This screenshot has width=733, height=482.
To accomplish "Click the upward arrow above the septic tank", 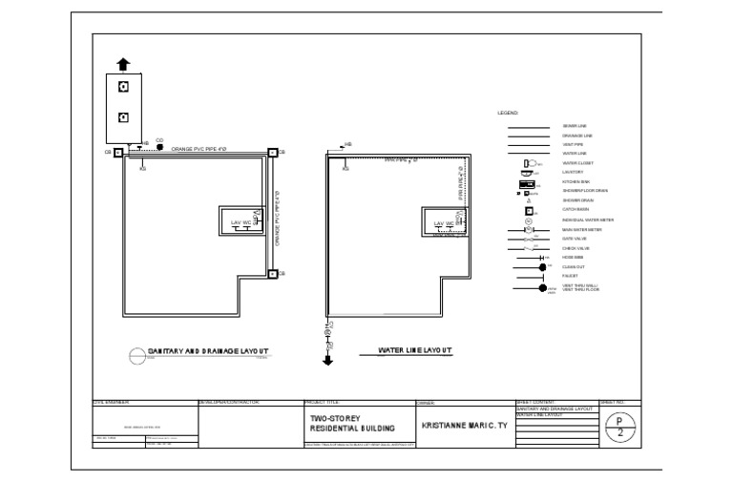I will (x=123, y=64).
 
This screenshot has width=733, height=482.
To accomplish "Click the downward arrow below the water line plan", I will (x=327, y=360).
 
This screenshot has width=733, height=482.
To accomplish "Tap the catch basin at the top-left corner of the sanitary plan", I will (x=117, y=153).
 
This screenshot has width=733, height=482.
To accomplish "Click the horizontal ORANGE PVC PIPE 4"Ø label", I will (x=199, y=149).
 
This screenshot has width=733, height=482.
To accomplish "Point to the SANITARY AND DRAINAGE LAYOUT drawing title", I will (x=207, y=351).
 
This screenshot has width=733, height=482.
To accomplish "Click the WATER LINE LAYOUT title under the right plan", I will (x=414, y=350).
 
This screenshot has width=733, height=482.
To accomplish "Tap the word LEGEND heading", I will (x=507, y=114).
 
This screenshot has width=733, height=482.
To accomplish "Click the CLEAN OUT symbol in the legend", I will (x=541, y=266).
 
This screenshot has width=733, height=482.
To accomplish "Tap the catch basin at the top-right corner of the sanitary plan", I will (x=272, y=153).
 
